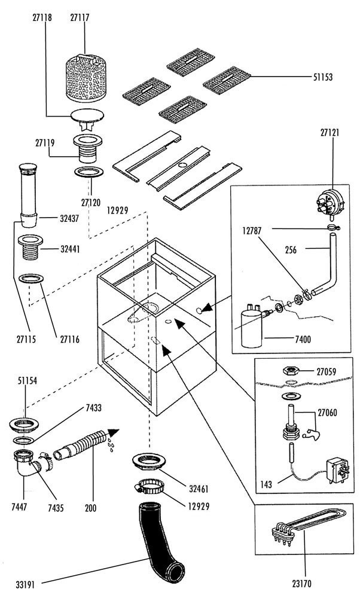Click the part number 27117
pyautogui.click(x=80, y=18)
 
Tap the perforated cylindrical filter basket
pyautogui.click(x=86, y=78)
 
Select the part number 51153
pyautogui.click(x=323, y=77)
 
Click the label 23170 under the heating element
pyautogui.click(x=302, y=584)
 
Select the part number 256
pyautogui.click(x=291, y=250)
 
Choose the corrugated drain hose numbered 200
pyautogui.click(x=80, y=445)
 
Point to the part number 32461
pyautogui.click(x=199, y=489)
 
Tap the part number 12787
pyautogui.click(x=252, y=231)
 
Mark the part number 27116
pyautogui.click(x=70, y=339)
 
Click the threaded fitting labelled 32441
pyautogui.click(x=30, y=247)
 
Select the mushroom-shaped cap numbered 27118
pyautogui.click(x=88, y=118)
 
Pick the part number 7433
pyautogui.click(x=93, y=408)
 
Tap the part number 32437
pyautogui.click(x=69, y=219)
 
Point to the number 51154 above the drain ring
pyautogui.click(x=28, y=380)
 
